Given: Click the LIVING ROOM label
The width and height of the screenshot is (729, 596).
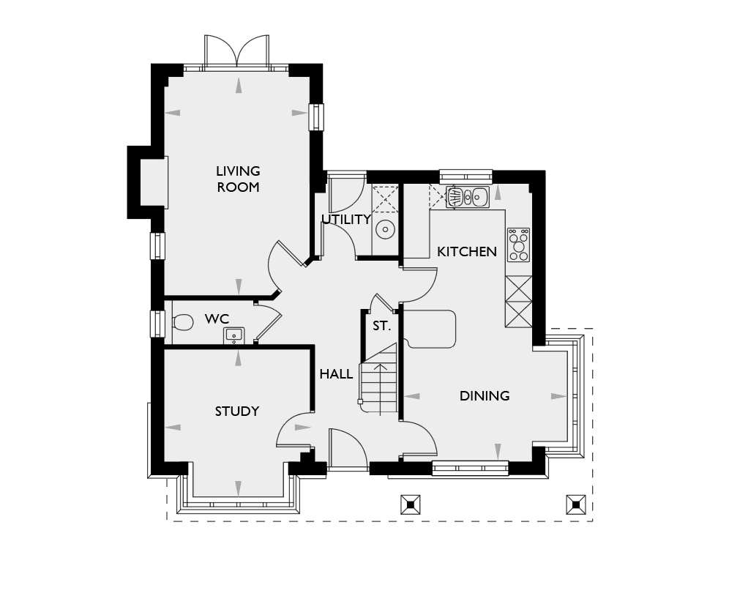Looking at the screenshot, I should (238, 179).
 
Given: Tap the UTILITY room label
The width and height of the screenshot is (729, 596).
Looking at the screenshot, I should (345, 219).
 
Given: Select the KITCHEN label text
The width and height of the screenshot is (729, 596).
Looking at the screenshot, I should (467, 252).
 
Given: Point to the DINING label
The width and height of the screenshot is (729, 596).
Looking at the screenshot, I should (485, 396).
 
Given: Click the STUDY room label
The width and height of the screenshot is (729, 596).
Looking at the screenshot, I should (237, 411).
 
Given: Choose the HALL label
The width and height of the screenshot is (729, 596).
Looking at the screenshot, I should (336, 374).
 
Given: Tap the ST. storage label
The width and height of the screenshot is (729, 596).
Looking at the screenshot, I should (381, 327).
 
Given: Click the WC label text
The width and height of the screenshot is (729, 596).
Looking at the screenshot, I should (217, 319).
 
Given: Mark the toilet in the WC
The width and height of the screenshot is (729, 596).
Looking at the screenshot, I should (181, 322).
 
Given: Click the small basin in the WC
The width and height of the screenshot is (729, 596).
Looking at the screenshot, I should (233, 335).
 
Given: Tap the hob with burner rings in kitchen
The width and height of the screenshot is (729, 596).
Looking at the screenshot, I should (520, 245).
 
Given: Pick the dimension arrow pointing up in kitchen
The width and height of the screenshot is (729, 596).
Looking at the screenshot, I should (498, 193).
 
